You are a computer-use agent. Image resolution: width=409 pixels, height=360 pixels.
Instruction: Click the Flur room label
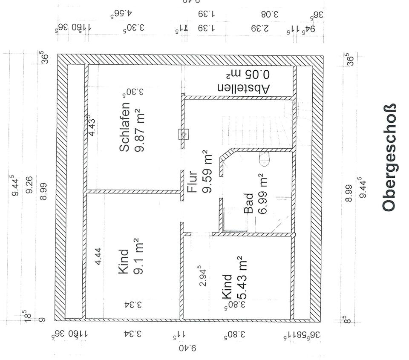click(192, 181)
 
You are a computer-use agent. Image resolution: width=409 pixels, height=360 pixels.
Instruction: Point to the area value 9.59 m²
click(207, 171)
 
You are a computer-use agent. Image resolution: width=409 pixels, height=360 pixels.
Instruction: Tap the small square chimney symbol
click(184, 135)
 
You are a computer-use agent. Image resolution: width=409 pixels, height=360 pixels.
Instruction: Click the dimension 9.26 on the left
click(29, 184)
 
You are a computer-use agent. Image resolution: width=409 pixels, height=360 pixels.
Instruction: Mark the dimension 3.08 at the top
click(269, 14)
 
